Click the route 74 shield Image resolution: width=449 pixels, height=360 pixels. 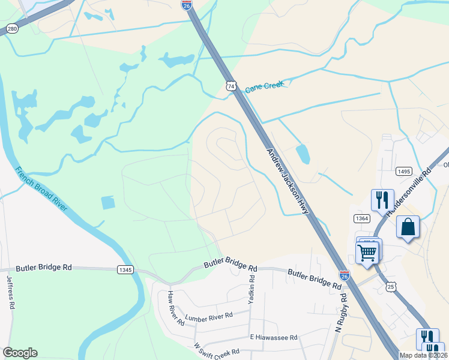coord(231,86)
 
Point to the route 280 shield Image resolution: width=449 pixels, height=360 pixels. coord(12,28)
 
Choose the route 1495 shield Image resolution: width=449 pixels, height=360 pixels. coord(403,172)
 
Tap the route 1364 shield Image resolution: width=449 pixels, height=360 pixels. coord(361,218)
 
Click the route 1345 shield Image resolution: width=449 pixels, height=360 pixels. coord(125,270)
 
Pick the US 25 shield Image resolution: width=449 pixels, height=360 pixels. coord(391,287)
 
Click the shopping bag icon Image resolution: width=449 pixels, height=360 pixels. coord(408,227)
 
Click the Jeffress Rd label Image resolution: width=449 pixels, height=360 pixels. coord(10,292)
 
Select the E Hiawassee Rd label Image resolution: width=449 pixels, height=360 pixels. coord(274,338)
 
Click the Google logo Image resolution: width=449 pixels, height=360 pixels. coord(20,353)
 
